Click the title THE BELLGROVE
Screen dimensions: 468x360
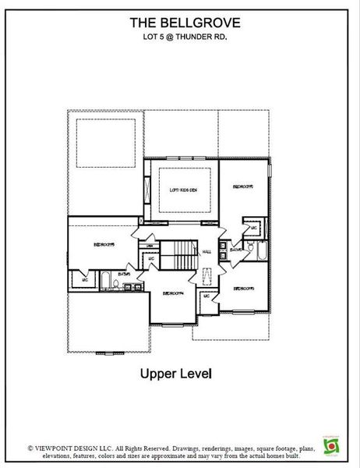click(180, 24)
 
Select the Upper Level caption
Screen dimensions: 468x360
click(175, 374)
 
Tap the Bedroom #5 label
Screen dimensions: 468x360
click(104, 244)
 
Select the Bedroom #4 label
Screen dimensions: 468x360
click(172, 293)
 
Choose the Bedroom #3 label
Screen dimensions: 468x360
click(244, 289)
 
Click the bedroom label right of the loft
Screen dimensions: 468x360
click(244, 187)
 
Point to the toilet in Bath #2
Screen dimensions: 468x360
click(249, 246)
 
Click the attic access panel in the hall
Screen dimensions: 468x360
click(207, 278)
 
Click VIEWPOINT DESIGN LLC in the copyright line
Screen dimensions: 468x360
click(74, 448)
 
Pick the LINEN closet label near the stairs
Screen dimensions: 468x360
click(150, 246)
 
